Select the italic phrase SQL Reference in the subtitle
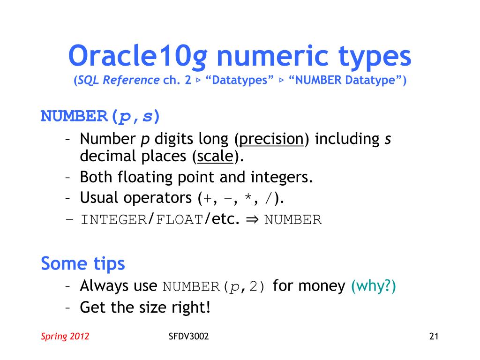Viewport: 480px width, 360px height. pyautogui.click(x=119, y=80)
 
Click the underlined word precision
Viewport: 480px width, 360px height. pyautogui.click(x=272, y=139)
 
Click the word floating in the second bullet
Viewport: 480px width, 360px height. pyautogui.click(x=142, y=177)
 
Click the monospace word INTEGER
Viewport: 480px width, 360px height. pyautogui.click(x=114, y=219)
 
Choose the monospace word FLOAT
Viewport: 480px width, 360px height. pyautogui.click(x=180, y=219)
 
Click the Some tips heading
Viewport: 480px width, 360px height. pyautogui.click(x=83, y=263)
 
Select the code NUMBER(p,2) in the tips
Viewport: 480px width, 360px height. pyautogui.click(x=214, y=286)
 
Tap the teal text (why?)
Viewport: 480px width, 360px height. pyautogui.click(x=374, y=285)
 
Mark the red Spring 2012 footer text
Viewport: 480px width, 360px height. pyautogui.click(x=65, y=336)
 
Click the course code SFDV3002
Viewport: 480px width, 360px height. pyautogui.click(x=188, y=336)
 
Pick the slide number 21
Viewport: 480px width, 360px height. pyautogui.click(x=434, y=336)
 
